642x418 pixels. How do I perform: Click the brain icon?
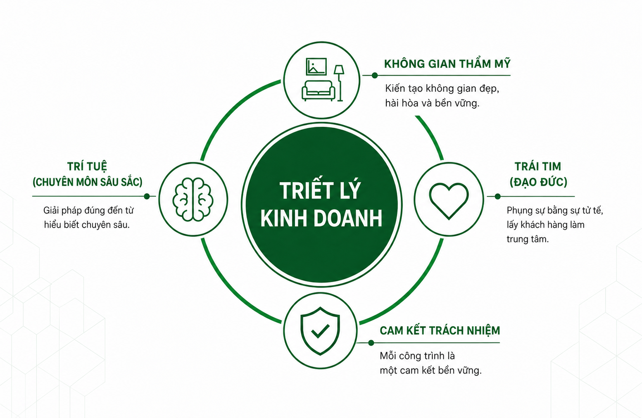193,199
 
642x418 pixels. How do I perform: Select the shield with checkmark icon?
320,331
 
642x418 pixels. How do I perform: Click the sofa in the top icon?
318,90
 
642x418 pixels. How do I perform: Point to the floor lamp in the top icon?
339,83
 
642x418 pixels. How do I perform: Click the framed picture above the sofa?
316,66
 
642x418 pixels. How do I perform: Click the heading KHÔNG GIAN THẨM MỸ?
447,64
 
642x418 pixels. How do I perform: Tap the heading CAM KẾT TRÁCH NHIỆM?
440,330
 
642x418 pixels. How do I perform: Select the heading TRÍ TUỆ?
87,166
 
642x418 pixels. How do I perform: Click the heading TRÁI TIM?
537,166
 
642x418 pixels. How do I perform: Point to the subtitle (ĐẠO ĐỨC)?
538,182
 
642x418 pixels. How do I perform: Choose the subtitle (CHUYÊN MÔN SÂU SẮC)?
88,182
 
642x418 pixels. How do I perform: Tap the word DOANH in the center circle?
348,218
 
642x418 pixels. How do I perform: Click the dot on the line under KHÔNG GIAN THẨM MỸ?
375,75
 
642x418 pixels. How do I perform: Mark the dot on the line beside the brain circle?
147,196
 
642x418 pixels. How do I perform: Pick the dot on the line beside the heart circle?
497,196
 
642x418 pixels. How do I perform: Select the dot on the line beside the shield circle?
371,343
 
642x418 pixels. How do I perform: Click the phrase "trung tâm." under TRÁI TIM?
528,239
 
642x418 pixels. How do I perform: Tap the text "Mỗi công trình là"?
417,356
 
